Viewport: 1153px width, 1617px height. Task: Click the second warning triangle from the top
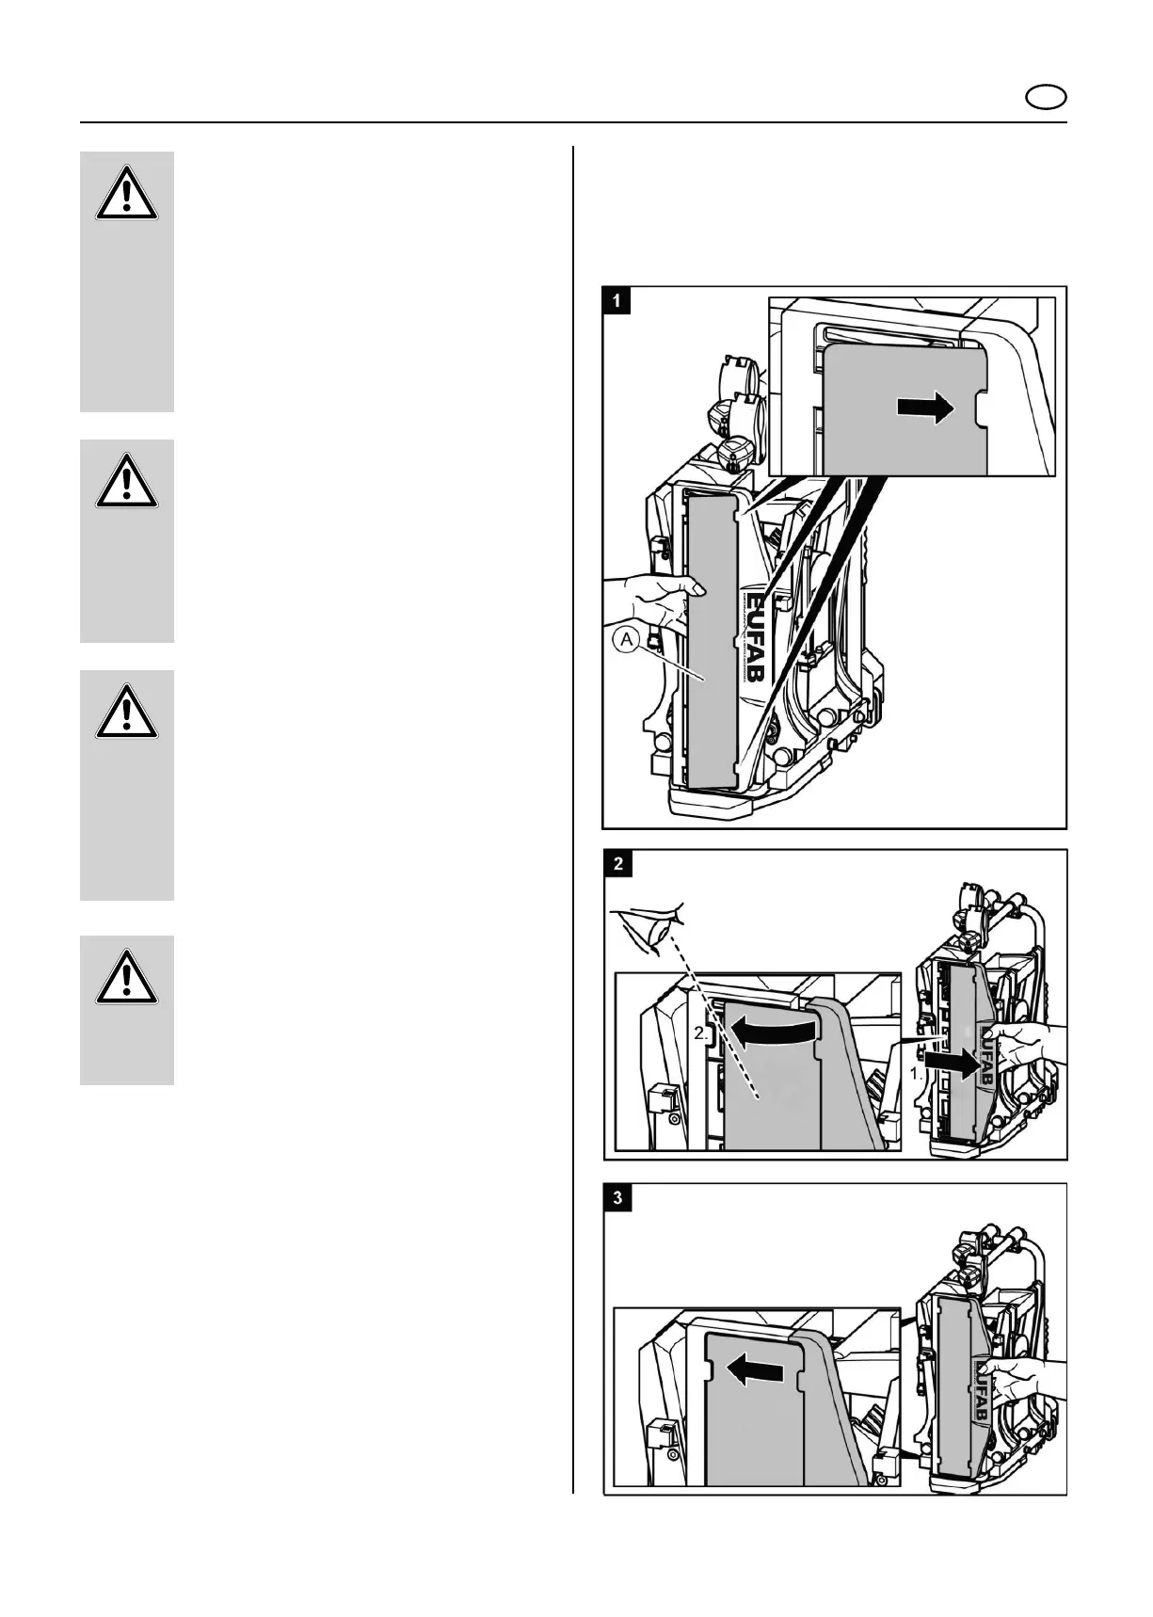click(126, 485)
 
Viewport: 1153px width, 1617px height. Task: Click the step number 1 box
click(617, 300)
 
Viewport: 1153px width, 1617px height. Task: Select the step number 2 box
click(617, 863)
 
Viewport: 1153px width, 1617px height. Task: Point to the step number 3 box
click(617, 1198)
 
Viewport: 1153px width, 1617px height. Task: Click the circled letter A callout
click(626, 641)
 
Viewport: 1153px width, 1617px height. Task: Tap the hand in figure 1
click(649, 603)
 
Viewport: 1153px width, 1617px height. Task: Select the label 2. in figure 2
click(701, 1033)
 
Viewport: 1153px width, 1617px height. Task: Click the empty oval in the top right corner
click(1045, 97)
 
